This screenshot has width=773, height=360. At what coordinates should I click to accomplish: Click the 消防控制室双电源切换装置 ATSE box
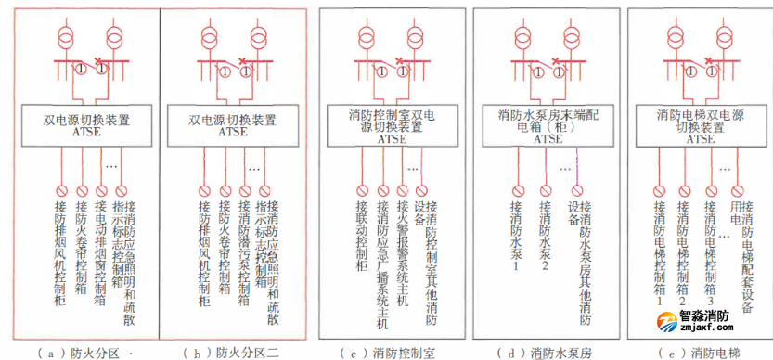391,126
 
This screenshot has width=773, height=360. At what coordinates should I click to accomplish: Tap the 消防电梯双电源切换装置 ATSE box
700,126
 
